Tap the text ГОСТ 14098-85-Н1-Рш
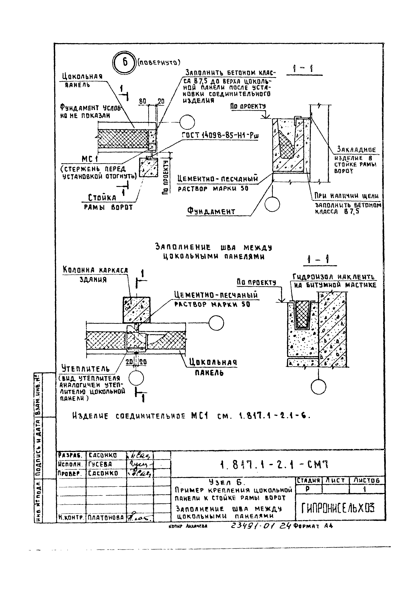tap(220, 135)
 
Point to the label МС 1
tap(90, 159)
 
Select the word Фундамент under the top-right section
tap(211, 212)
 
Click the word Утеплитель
tap(85, 369)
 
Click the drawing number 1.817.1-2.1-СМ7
tap(274, 465)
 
